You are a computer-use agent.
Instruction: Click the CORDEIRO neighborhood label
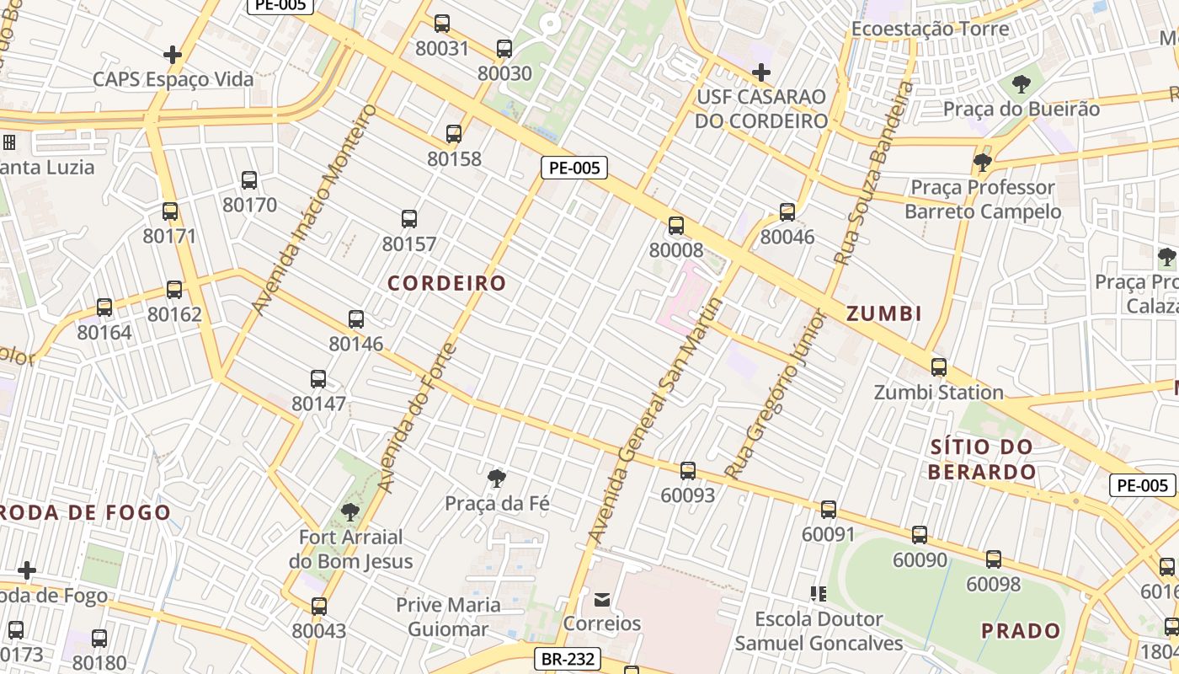pyautogui.click(x=446, y=283)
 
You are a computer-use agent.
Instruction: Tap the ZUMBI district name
pyautogui.click(x=883, y=314)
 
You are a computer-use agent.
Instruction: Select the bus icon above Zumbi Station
pyautogui.click(x=939, y=367)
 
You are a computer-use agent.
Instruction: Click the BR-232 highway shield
pyautogui.click(x=568, y=659)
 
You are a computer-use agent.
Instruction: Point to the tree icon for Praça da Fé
pyautogui.click(x=497, y=479)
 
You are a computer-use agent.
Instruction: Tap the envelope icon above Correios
pyautogui.click(x=602, y=600)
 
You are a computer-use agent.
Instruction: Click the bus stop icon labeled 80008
pyautogui.click(x=676, y=226)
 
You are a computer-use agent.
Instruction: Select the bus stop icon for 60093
pyautogui.click(x=688, y=471)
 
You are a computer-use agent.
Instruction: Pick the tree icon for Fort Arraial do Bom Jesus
pyautogui.click(x=350, y=511)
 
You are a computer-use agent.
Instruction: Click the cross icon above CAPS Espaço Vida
pyautogui.click(x=173, y=55)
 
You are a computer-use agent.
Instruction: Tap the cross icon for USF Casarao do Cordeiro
pyautogui.click(x=761, y=72)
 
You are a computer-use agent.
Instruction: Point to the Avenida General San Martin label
pyautogui.click(x=655, y=420)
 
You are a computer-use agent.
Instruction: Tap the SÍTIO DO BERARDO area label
pyautogui.click(x=982, y=459)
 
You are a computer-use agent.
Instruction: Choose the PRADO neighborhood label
pyautogui.click(x=1021, y=630)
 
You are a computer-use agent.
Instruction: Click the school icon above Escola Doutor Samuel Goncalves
pyautogui.click(x=818, y=594)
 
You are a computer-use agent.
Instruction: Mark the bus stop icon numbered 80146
pyautogui.click(x=356, y=319)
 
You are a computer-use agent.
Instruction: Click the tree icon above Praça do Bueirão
pyautogui.click(x=1022, y=84)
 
